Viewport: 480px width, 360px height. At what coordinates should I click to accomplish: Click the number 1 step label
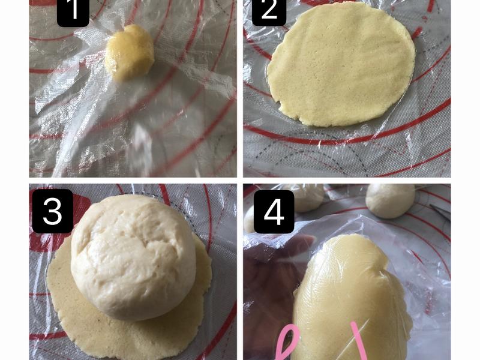[73, 11]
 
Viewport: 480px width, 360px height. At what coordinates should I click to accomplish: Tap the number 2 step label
[268, 11]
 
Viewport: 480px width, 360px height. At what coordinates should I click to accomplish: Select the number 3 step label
[53, 211]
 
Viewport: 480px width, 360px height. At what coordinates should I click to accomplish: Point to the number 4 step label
[274, 212]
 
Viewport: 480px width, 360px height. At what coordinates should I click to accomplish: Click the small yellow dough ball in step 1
[130, 53]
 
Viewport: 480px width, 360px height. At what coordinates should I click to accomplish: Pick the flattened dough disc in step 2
[340, 65]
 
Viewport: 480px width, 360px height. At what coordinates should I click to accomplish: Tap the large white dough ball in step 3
[133, 257]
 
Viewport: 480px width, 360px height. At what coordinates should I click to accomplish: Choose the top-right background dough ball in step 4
[391, 200]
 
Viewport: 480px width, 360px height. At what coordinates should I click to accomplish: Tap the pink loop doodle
[287, 343]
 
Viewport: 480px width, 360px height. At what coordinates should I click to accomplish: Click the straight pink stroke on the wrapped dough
[359, 340]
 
